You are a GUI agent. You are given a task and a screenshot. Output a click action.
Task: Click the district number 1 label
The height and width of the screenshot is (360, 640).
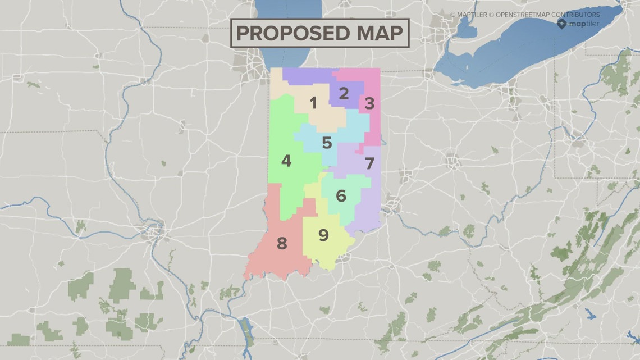tap(313, 103)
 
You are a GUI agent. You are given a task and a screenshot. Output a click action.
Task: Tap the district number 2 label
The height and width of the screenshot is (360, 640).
tap(344, 93)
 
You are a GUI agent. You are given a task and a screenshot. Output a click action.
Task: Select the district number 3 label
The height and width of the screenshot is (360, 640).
tap(369, 103)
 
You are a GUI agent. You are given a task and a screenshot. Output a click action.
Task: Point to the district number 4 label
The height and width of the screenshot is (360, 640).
tap(286, 161)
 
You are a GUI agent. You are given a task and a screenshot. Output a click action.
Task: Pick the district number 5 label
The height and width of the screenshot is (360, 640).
tap(327, 143)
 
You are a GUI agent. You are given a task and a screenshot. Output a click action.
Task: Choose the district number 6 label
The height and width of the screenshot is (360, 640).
tap(341, 196)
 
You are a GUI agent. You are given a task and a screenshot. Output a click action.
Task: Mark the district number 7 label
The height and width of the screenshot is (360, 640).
tap(369, 164)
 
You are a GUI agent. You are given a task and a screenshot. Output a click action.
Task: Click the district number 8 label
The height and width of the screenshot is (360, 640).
tap(282, 243)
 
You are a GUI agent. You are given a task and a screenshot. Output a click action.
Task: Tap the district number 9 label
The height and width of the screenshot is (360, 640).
tap(323, 235)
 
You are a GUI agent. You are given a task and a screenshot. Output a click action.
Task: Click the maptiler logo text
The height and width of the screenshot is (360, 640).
tap(585, 24)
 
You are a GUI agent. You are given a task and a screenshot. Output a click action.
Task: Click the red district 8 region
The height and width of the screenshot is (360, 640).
tap(269, 258)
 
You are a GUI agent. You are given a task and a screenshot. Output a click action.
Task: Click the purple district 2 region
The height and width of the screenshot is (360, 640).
tap(303, 76)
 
